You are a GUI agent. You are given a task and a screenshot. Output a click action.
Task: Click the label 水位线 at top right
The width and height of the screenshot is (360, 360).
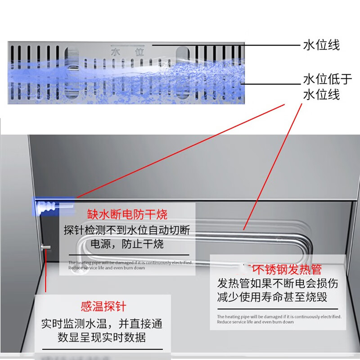pyautogui.click(x=321, y=45)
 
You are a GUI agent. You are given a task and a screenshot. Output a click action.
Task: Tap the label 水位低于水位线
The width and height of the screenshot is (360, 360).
pyautogui.click(x=327, y=87)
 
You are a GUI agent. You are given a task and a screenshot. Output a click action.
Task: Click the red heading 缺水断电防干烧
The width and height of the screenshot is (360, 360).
pyautogui.click(x=127, y=214)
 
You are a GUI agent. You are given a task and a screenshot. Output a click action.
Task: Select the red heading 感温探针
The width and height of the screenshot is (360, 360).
pyautogui.click(x=103, y=307)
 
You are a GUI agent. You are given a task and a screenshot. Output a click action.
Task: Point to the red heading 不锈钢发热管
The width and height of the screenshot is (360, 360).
pyautogui.click(x=283, y=269)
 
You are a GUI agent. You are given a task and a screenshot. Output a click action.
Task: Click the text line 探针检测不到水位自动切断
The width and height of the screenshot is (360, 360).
pyautogui.click(x=127, y=230)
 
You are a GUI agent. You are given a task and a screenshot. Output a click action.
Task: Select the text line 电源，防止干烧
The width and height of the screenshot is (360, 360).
pyautogui.click(x=127, y=244)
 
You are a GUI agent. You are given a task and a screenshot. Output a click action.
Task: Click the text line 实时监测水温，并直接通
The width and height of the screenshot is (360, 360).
pyautogui.click(x=102, y=324)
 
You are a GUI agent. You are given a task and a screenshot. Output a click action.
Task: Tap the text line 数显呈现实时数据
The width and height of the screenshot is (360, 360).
pyautogui.click(x=102, y=337)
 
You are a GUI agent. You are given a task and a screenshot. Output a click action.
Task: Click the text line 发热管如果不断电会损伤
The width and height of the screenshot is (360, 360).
pyautogui.click(x=278, y=283)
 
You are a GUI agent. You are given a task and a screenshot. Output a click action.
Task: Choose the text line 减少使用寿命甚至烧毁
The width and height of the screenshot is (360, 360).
pyautogui.click(x=272, y=297)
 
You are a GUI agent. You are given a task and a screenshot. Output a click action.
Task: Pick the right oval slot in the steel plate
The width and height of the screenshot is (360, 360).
pyautogui.click(x=184, y=72)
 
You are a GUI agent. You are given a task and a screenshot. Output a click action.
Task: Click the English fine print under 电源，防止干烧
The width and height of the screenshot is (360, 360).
pyautogui.click(x=130, y=265)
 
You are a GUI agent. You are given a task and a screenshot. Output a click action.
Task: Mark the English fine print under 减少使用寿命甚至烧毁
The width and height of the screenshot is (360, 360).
pyautogui.click(x=279, y=319)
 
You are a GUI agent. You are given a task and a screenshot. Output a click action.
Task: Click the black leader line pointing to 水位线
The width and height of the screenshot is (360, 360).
pyautogui.click(x=225, y=45)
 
